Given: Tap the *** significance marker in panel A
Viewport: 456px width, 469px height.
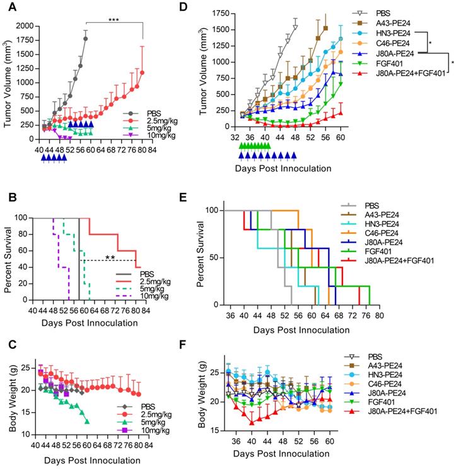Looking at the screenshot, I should pyautogui.click(x=114, y=20).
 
